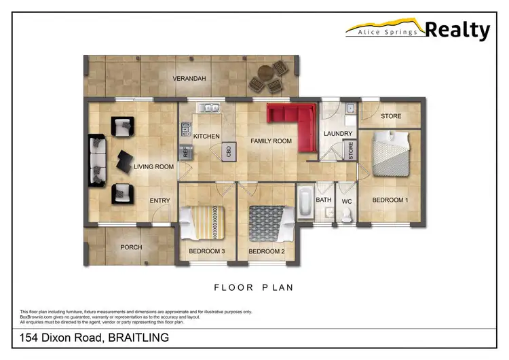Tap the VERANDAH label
(x=189, y=79)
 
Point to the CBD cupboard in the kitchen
(x=230, y=151)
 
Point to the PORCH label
(x=130, y=247)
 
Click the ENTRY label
(x=159, y=200)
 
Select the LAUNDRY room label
(x=337, y=134)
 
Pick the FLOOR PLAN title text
(x=254, y=287)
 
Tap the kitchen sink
(x=207, y=107)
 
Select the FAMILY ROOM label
(x=271, y=141)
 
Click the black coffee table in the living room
(x=127, y=160)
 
